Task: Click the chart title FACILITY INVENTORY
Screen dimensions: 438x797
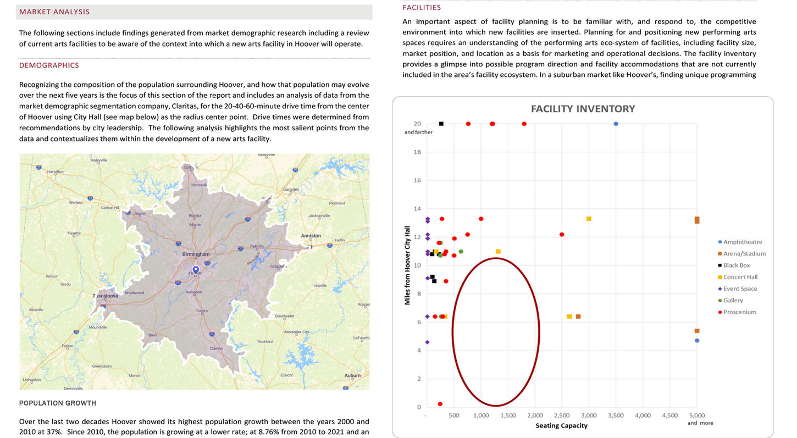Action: [x=583, y=109]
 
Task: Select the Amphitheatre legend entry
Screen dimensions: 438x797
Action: [x=742, y=242]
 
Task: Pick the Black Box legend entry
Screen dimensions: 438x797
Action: [x=736, y=265]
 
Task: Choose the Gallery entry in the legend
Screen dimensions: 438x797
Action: [x=733, y=301]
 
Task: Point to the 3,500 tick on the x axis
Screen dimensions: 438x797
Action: [x=616, y=415]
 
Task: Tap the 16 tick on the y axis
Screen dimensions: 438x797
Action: [x=418, y=180]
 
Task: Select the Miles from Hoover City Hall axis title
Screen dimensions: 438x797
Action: [x=407, y=265]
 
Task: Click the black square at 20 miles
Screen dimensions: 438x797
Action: [x=441, y=124]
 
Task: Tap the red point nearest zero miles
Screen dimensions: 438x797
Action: [x=440, y=404]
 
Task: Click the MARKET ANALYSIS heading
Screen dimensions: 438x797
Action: [x=54, y=12]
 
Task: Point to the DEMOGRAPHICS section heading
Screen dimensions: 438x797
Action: [x=49, y=65]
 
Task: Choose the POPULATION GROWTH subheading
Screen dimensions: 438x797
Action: [x=58, y=403]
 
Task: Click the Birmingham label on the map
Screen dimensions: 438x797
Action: [x=196, y=254]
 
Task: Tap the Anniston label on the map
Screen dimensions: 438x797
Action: [x=311, y=236]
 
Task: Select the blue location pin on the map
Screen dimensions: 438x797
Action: [x=196, y=270]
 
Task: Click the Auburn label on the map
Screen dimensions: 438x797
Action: [x=352, y=376]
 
